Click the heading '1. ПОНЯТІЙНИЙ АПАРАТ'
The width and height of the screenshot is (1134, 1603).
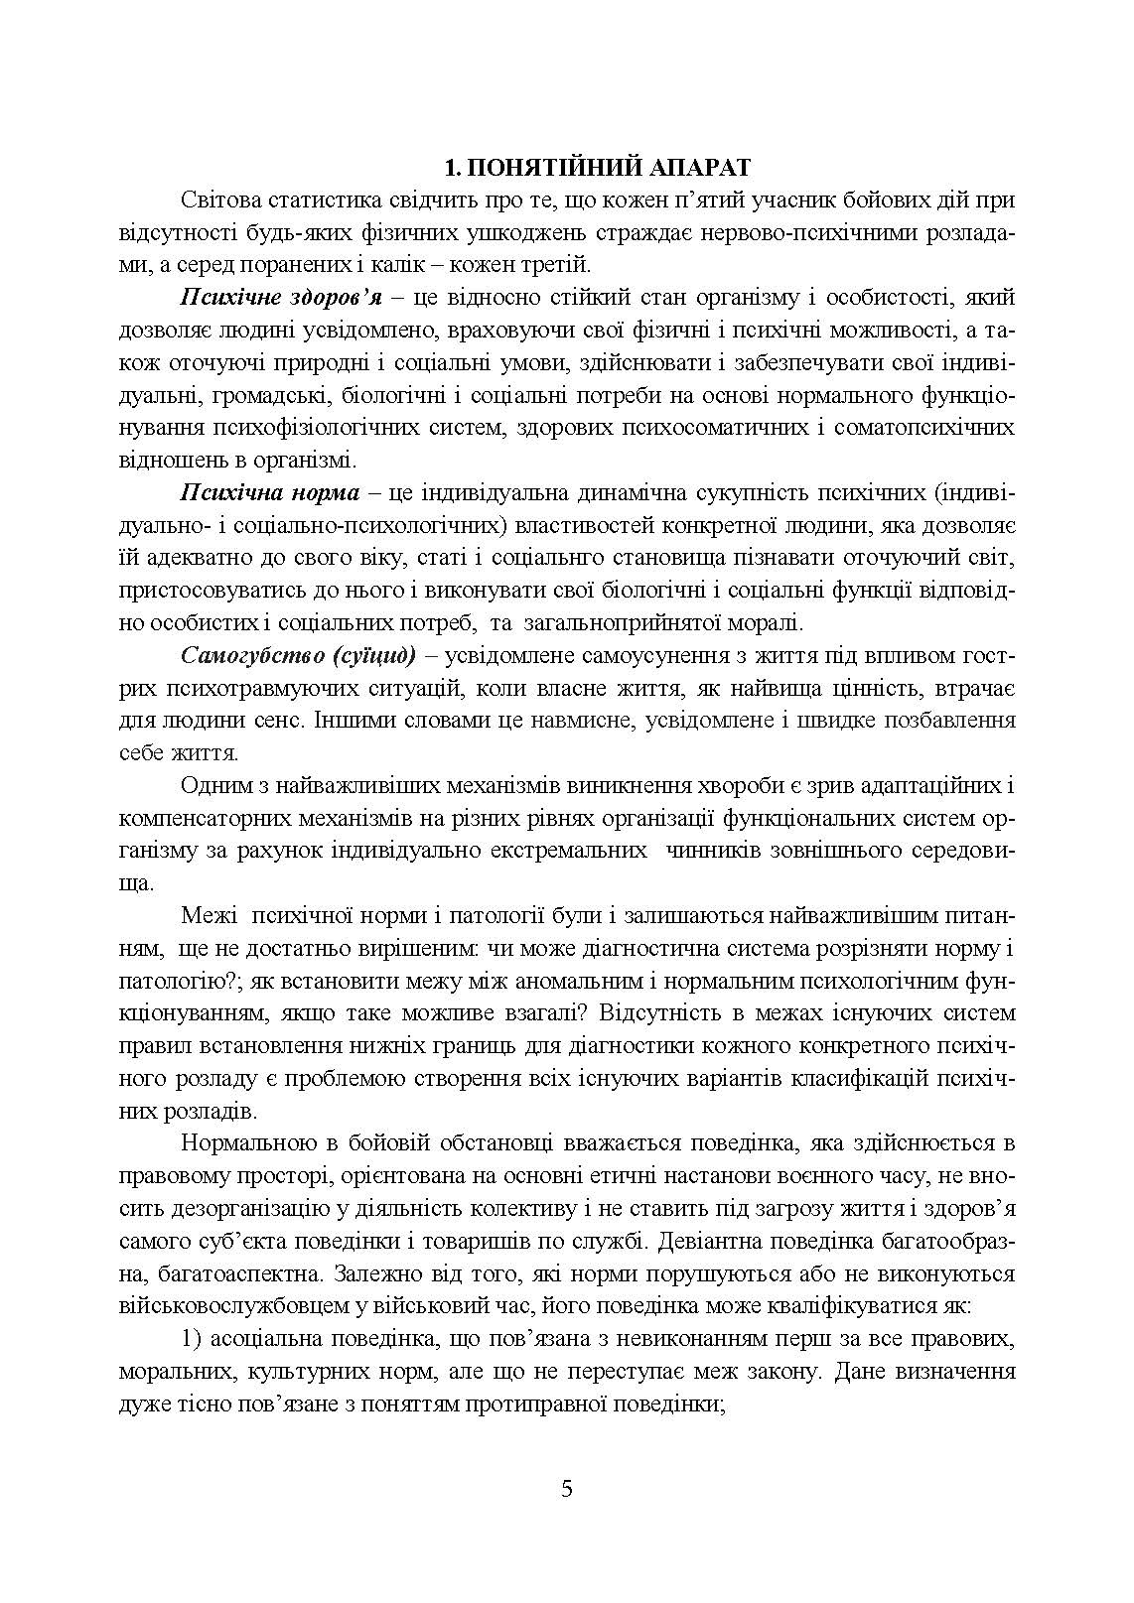point(567,167)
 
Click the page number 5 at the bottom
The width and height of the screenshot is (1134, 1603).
point(567,1489)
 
